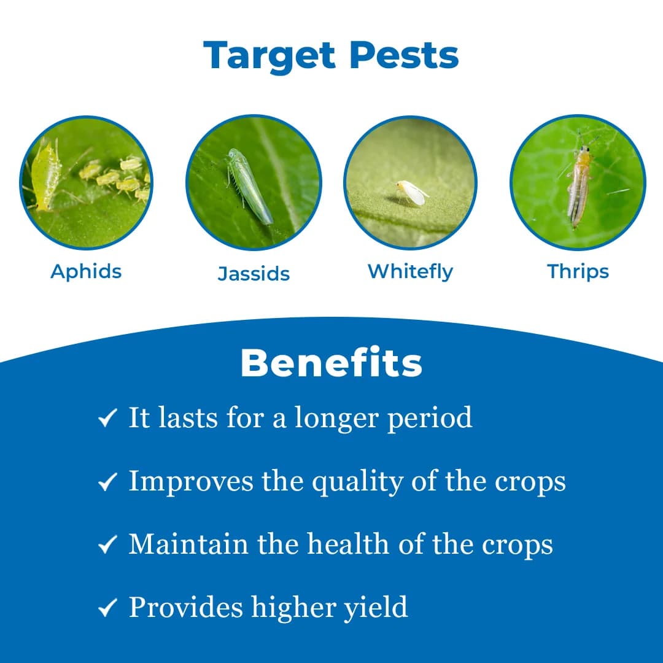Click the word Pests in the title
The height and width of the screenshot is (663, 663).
click(404, 56)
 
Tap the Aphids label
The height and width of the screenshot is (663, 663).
click(86, 271)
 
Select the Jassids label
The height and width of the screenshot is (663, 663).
click(254, 273)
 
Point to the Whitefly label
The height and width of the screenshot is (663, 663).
click(410, 271)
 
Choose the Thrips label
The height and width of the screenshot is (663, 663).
click(578, 271)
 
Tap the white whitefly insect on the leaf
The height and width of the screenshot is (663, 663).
click(411, 193)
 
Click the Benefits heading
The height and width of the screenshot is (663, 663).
click(331, 363)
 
